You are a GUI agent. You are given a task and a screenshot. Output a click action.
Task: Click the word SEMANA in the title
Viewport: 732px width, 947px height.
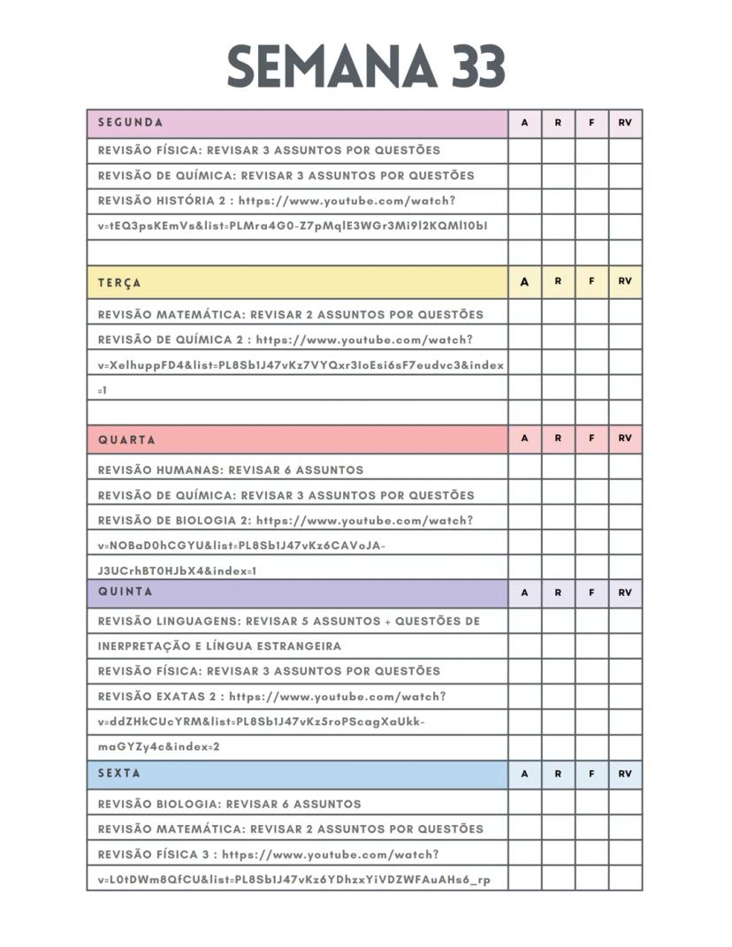331,65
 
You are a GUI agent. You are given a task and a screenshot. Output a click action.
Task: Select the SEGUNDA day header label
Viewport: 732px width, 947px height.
130,123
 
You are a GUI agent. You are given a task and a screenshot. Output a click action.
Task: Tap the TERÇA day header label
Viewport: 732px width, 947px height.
119,283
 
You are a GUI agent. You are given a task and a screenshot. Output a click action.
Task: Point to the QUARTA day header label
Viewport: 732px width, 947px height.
126,439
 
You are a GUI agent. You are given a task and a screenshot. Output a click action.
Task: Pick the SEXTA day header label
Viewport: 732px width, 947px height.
119,773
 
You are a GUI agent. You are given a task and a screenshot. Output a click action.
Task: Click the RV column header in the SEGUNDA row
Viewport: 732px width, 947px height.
625,123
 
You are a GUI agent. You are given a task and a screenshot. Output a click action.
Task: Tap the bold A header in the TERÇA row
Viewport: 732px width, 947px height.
524,282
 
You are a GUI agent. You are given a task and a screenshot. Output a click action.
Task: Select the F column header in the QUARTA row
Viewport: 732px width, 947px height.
591,439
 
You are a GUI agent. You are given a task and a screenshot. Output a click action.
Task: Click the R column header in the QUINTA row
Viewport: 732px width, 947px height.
558,592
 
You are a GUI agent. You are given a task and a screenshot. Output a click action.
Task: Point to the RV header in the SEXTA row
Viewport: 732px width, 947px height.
625,774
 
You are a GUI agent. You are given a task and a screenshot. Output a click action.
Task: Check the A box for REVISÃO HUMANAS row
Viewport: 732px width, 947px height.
524,470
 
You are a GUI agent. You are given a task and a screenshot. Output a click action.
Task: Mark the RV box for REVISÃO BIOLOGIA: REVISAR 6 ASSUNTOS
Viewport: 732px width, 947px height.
625,804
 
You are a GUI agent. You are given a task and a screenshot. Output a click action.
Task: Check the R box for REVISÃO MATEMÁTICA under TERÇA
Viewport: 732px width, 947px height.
558,314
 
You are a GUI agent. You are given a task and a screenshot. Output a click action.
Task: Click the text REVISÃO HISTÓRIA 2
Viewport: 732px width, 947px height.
164,200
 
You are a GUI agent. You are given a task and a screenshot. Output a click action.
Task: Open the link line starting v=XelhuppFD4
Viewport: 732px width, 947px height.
301,364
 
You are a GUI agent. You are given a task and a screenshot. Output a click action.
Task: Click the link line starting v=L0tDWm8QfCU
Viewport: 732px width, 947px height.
294,880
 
